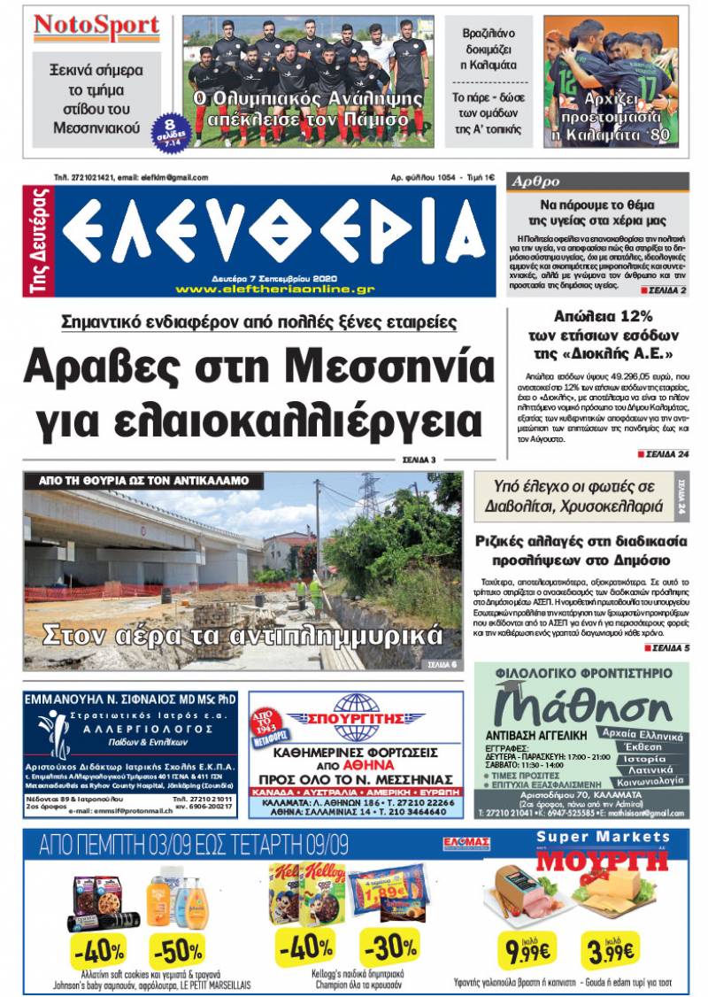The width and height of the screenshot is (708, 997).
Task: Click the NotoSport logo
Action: click(96, 27)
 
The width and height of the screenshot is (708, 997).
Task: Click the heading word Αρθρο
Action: click(535, 182)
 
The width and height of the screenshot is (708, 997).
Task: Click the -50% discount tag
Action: click(180, 950)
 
